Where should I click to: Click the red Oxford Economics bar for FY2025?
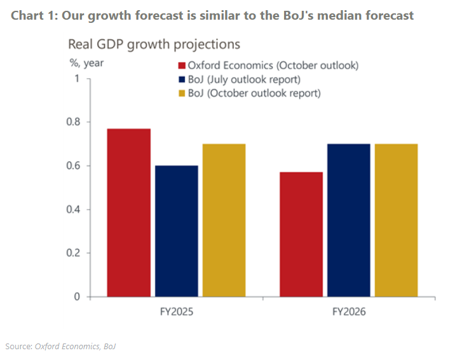click(x=129, y=212)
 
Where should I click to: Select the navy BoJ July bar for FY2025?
click(x=176, y=230)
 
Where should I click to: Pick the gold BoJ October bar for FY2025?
click(x=224, y=220)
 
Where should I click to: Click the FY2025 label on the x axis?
click(x=176, y=313)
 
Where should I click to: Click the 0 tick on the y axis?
click(x=78, y=297)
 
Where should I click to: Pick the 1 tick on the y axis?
click(x=78, y=79)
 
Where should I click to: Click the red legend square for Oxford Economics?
click(x=181, y=66)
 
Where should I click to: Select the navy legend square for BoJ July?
click(x=181, y=80)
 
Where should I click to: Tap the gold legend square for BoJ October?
click(x=181, y=93)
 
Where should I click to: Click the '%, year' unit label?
click(x=86, y=63)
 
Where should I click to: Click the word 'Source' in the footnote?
click(x=18, y=346)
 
